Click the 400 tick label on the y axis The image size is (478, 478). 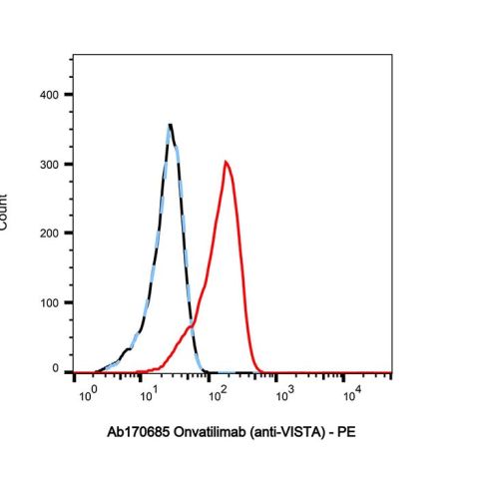(x=47, y=95)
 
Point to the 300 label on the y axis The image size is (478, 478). (x=47, y=164)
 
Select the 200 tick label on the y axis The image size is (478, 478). (x=47, y=233)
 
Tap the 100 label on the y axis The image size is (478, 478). (x=47, y=301)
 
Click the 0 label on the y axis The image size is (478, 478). (x=55, y=369)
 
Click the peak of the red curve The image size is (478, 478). (x=227, y=162)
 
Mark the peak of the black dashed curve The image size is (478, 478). (x=171, y=126)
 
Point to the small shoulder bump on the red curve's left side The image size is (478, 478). (x=190, y=325)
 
